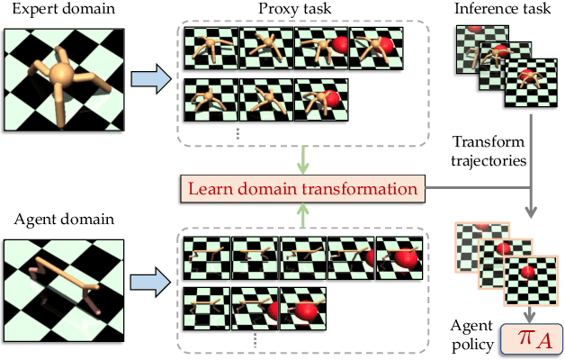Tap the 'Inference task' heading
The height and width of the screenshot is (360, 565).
tap(490, 10)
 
